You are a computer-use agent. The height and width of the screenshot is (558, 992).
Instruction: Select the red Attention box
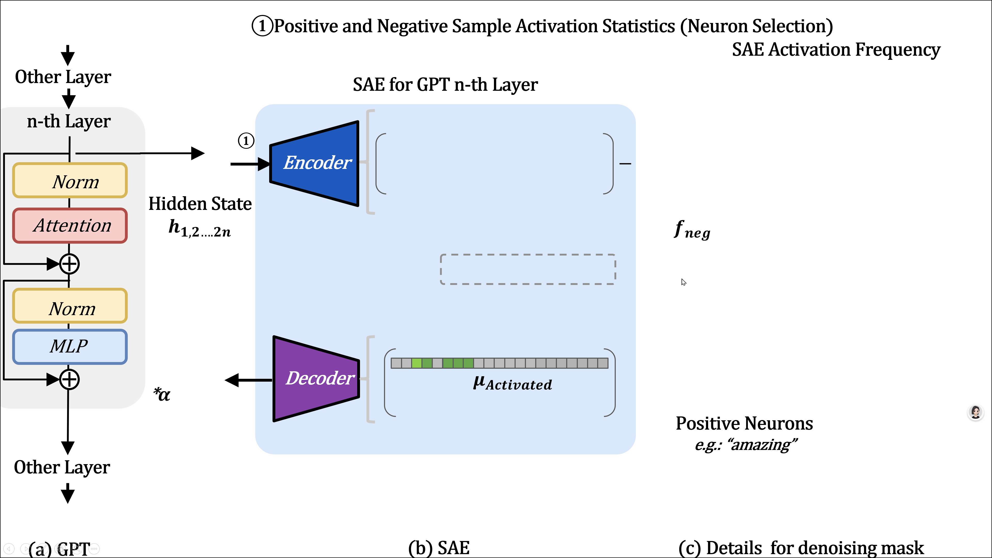tap(70, 226)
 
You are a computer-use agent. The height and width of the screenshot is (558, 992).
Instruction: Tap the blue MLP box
tap(70, 346)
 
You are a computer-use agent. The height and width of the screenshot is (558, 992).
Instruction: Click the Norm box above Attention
tap(70, 180)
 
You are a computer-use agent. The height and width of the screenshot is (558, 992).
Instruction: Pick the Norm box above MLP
tap(70, 306)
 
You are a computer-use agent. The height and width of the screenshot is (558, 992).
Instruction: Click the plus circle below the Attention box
tap(70, 264)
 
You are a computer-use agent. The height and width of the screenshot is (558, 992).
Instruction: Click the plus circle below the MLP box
tap(70, 380)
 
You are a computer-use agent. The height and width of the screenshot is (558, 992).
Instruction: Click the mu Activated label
tap(512, 383)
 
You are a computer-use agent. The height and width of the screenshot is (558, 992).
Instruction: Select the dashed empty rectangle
tap(527, 269)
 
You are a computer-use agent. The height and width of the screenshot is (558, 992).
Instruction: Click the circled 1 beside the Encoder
tap(246, 141)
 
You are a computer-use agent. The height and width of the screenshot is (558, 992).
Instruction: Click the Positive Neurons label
tap(744, 424)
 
